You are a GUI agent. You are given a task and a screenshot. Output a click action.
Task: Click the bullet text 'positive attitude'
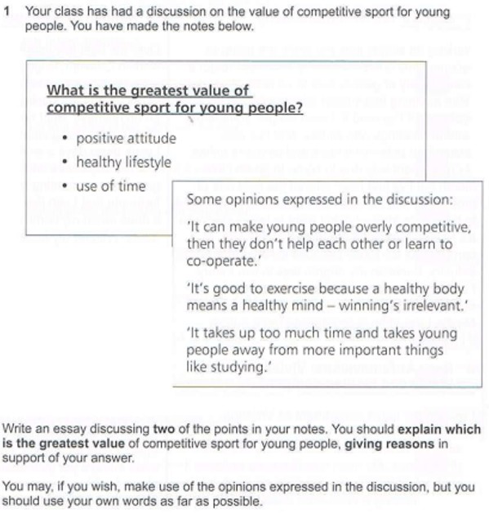[x=126, y=138]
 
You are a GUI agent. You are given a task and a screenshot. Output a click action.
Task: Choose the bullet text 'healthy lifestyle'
[x=123, y=162]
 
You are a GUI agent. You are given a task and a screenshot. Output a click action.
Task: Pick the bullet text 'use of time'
[x=110, y=185]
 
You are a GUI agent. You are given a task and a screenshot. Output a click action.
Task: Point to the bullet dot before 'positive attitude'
[x=65, y=139]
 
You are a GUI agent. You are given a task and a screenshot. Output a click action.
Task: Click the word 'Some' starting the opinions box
[x=202, y=199]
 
